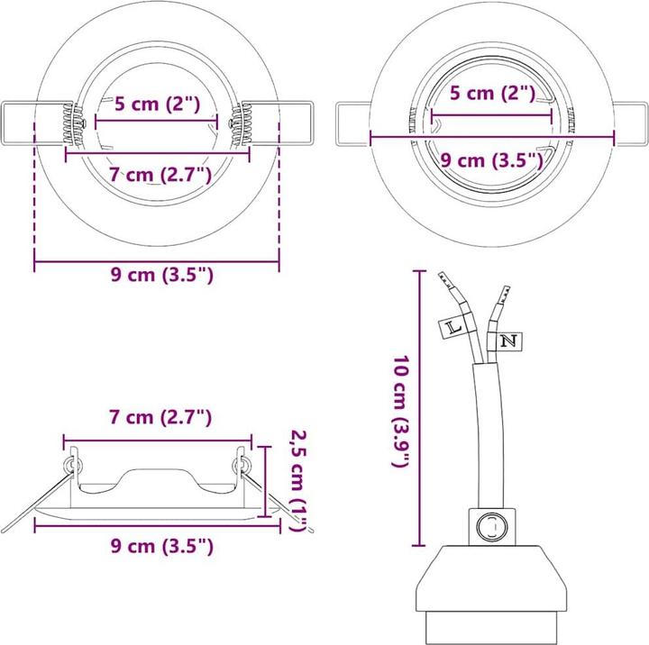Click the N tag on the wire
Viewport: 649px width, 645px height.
(508, 341)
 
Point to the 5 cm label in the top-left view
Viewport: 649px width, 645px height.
(156, 104)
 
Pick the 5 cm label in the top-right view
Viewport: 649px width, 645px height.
(492, 93)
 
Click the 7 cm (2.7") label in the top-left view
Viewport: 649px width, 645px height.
(159, 174)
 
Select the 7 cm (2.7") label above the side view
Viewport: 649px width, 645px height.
(160, 417)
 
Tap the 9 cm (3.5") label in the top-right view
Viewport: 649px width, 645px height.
(491, 160)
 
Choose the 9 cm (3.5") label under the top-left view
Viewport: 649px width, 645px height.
(161, 276)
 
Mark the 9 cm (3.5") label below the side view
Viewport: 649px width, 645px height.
(161, 545)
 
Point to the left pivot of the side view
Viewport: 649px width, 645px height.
(71, 464)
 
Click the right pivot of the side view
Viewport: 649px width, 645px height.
(242, 464)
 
